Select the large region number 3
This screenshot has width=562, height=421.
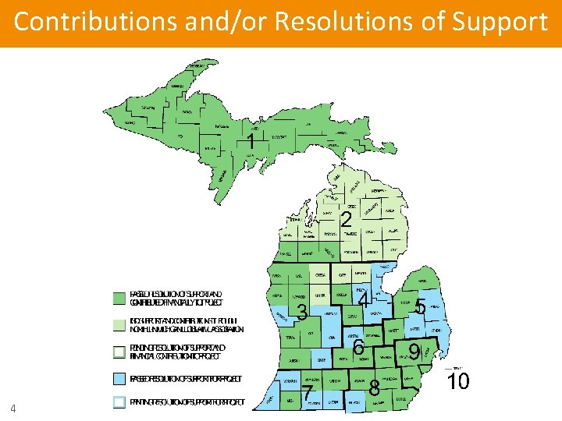click(x=302, y=313)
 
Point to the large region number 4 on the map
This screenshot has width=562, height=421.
click(x=363, y=299)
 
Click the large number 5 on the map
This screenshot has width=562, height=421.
click(x=420, y=307)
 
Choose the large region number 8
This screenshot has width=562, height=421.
click(x=374, y=387)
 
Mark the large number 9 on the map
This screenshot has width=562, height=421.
click(x=414, y=352)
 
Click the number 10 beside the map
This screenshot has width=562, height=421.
click(x=458, y=382)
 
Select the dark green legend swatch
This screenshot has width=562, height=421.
click(x=119, y=298)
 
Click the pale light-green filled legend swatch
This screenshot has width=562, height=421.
click(x=119, y=325)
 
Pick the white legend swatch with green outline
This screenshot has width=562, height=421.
click(x=119, y=352)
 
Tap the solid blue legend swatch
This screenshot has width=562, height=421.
click(x=119, y=379)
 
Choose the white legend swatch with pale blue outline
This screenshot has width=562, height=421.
click(x=119, y=402)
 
